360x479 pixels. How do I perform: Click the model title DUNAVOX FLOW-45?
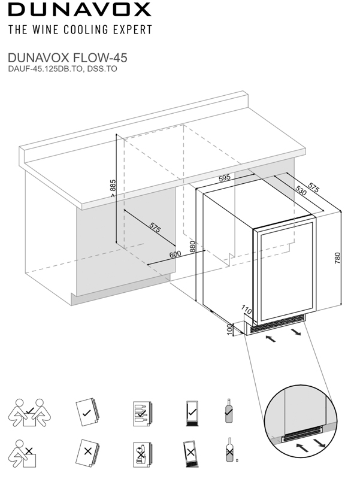pyautogui.click(x=66, y=59)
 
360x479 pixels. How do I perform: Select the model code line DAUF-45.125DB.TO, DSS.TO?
pyautogui.click(x=62, y=69)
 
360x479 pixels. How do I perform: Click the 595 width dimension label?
pyautogui.click(x=225, y=178)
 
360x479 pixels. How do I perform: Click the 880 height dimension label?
pyautogui.click(x=193, y=248)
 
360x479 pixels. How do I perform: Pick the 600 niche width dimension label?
pyautogui.click(x=175, y=254)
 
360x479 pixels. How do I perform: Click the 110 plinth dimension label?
pyautogui.click(x=244, y=310)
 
